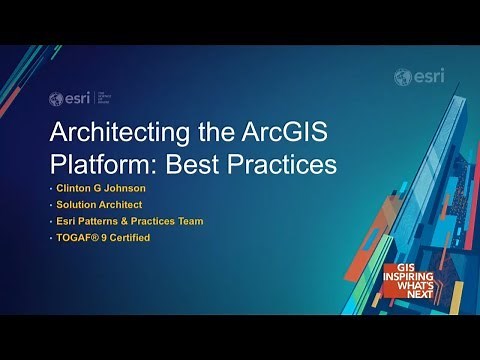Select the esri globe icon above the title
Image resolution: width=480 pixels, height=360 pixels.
point(56,98)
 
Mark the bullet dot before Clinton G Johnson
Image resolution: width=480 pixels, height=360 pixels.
point(50,188)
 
